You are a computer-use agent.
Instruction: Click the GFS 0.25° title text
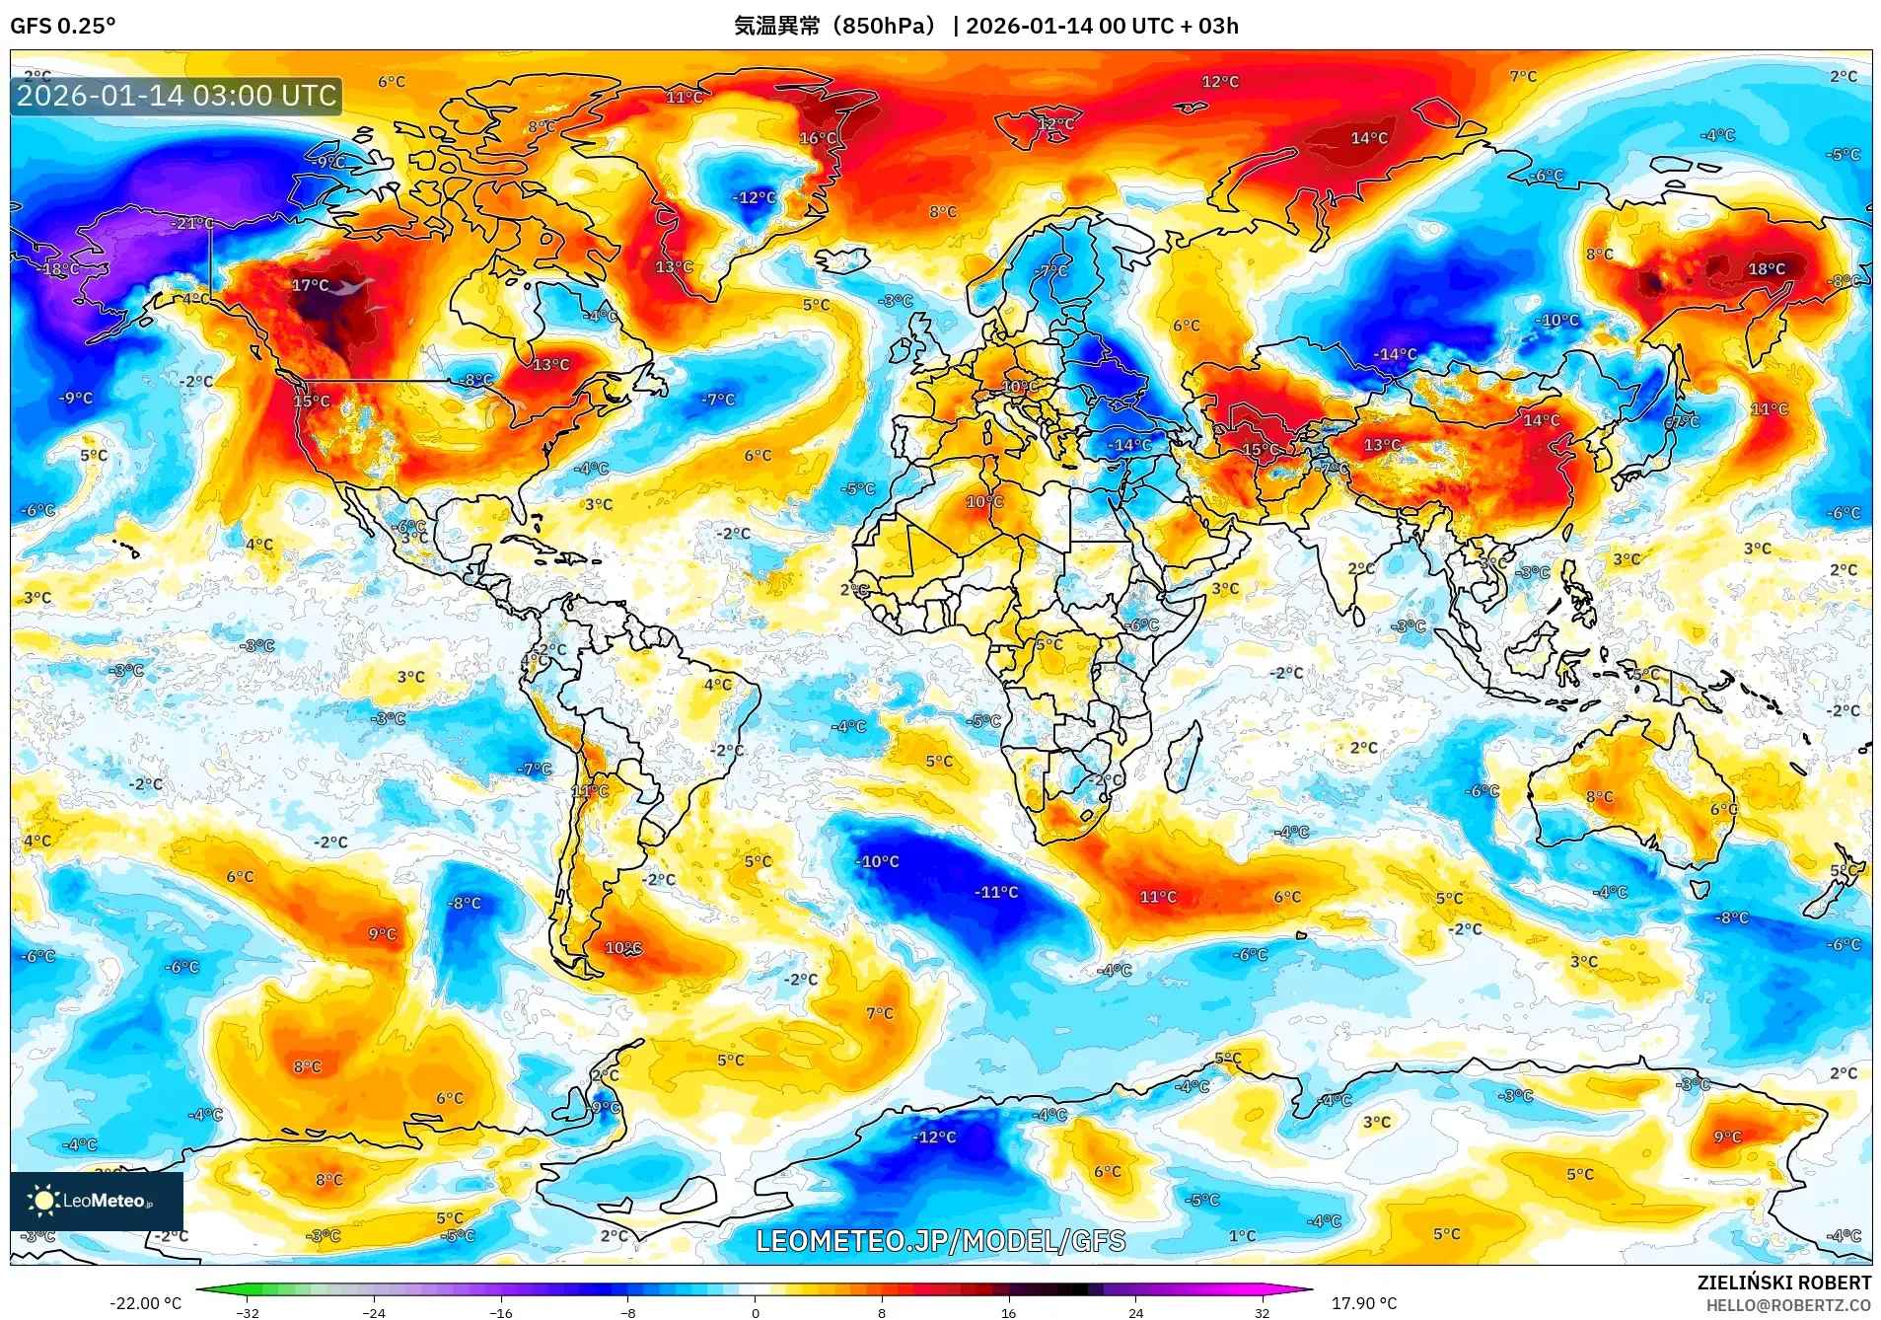[62, 26]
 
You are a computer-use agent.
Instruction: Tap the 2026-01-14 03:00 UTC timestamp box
[177, 96]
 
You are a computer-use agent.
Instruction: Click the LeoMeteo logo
[97, 1201]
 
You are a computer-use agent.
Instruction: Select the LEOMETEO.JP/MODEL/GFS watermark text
[940, 1241]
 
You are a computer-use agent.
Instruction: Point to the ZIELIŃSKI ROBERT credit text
[1783, 1283]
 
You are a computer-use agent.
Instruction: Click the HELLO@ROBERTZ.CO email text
[1788, 1305]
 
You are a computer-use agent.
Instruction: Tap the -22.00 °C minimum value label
[145, 1303]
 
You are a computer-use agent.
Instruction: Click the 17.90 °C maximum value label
[1363, 1303]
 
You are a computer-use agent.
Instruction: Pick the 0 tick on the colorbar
[756, 1313]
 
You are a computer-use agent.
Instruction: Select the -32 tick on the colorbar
[248, 1313]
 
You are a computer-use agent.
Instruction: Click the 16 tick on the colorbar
[1008, 1313]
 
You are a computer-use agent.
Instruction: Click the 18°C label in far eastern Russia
[1766, 268]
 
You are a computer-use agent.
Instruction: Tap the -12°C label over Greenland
[754, 197]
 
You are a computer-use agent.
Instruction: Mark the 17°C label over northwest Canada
[310, 285]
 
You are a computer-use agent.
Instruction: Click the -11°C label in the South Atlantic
[996, 892]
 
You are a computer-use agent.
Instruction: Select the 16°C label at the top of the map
[818, 138]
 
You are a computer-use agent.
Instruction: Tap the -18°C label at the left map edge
[59, 268]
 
